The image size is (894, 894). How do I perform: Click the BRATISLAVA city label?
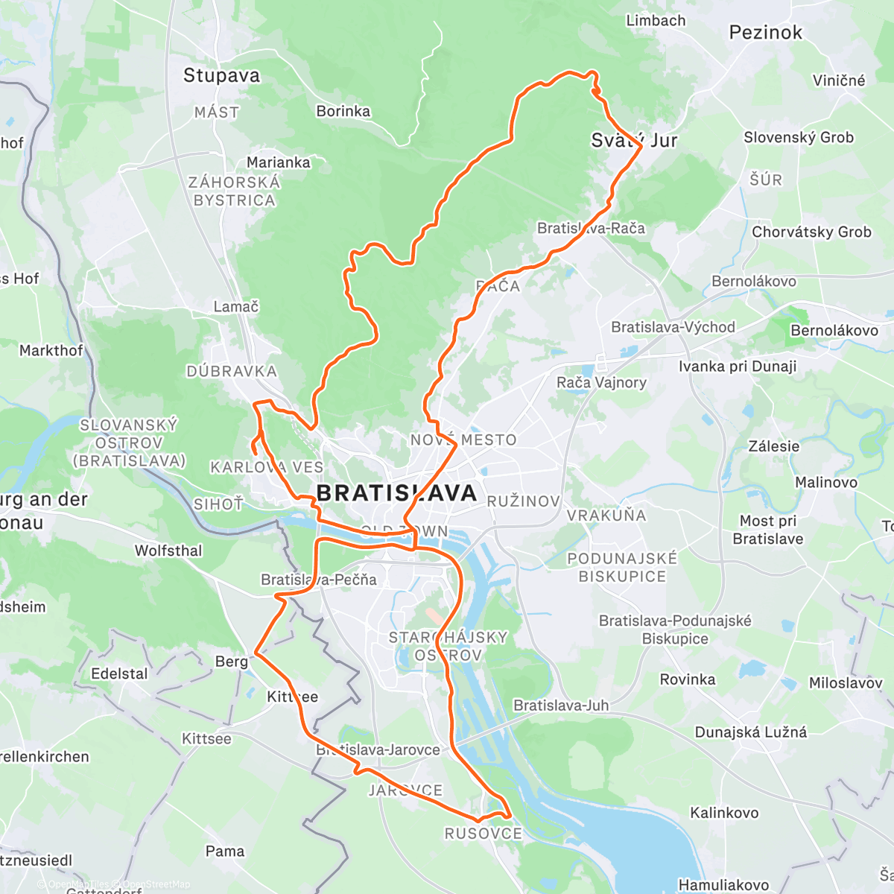click(x=396, y=493)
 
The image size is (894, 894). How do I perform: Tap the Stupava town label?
click(x=221, y=75)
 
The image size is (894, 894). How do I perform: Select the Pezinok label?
click(x=766, y=32)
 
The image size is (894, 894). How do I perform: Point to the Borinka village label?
click(x=343, y=111)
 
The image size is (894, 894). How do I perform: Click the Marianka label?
click(x=279, y=162)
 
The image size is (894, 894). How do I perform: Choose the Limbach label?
click(x=656, y=21)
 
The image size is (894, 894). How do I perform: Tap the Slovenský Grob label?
click(x=799, y=137)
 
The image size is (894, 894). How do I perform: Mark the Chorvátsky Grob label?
click(x=811, y=232)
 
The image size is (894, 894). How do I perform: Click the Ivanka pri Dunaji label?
click(x=737, y=366)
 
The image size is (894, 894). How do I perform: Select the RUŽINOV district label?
click(x=523, y=501)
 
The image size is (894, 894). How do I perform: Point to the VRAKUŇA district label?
click(x=606, y=516)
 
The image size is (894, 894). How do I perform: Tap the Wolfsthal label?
click(x=168, y=551)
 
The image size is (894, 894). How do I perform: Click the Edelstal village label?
click(x=119, y=673)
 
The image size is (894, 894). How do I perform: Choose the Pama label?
click(x=224, y=851)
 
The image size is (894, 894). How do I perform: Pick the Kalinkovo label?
click(x=723, y=813)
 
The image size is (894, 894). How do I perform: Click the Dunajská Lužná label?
click(x=750, y=732)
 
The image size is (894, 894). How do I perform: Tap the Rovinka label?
click(x=687, y=679)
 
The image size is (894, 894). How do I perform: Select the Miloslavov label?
click(x=846, y=683)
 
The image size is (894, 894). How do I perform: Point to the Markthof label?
click(x=51, y=350)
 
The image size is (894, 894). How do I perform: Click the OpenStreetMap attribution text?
click(x=156, y=884)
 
